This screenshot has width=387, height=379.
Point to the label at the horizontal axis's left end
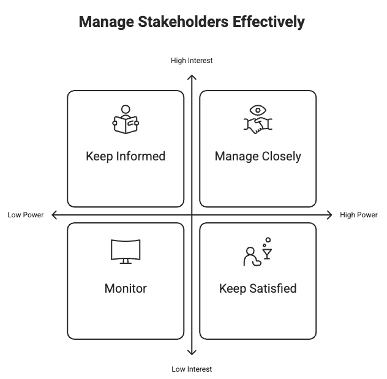point(23,215)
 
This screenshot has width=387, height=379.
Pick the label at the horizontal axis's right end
point(359,215)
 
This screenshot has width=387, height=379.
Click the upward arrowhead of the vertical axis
point(193,78)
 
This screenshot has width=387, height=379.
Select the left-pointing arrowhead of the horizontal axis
point(54,215)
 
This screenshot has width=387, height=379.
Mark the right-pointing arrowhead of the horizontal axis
point(329,215)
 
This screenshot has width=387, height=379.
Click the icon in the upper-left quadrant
point(125,121)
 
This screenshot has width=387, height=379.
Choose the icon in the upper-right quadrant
point(258,119)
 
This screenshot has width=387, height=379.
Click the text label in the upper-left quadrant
point(125,154)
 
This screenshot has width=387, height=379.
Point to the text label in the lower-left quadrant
point(125,287)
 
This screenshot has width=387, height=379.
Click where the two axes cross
point(193,215)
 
